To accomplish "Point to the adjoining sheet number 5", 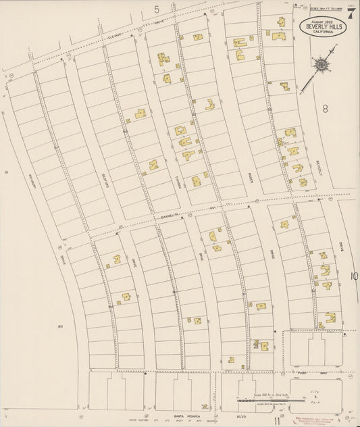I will (157, 9).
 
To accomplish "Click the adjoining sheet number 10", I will (353, 276).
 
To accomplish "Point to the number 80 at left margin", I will (60, 326).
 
